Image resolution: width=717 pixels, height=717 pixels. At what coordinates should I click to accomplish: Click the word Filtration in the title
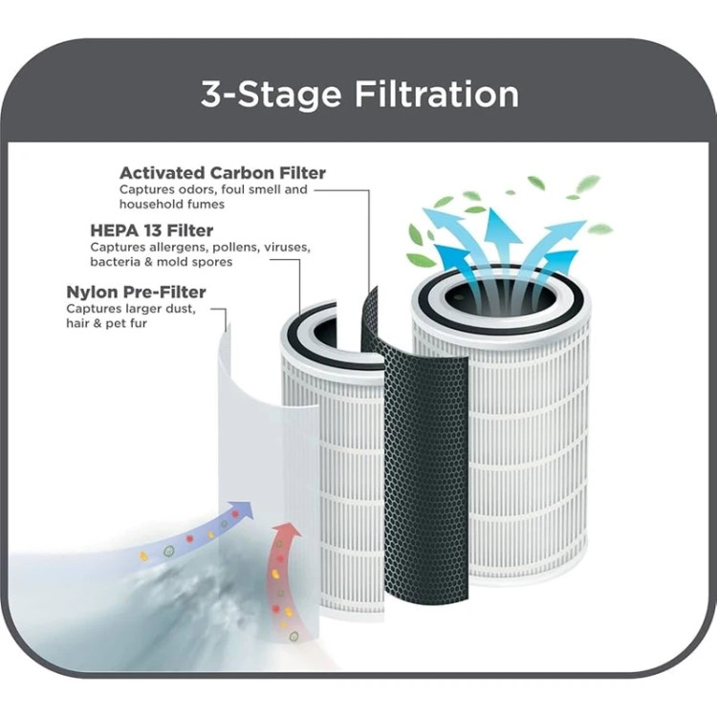point(437,95)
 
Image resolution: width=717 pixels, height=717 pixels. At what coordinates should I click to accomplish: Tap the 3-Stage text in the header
point(271,95)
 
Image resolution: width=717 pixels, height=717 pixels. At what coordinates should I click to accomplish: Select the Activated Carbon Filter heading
point(222,173)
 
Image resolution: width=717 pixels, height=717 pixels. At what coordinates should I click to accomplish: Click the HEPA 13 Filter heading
point(151,230)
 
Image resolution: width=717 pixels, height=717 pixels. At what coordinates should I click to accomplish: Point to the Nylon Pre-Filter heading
point(136,292)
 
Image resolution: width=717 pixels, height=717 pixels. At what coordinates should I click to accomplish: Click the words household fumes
point(172,204)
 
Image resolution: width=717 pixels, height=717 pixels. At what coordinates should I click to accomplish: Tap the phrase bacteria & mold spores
point(162,262)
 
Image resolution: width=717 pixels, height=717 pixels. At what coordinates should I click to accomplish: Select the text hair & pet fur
point(106,323)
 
